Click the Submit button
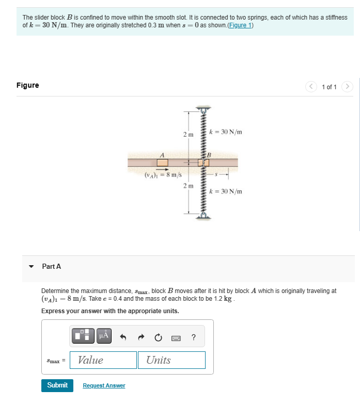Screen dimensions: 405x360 click(x=57, y=385)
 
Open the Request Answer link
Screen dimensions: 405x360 click(x=104, y=385)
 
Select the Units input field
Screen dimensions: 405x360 click(x=171, y=360)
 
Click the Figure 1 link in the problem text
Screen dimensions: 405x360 click(x=240, y=26)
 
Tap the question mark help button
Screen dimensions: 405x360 click(x=193, y=337)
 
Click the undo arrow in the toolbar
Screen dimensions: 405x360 click(x=123, y=337)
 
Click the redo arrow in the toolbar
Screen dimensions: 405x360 click(x=140, y=337)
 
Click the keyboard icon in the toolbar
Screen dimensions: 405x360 click(x=176, y=337)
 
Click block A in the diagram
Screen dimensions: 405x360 click(x=162, y=163)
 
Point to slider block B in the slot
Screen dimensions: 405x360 click(x=204, y=163)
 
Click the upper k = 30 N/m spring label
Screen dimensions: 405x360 click(x=228, y=132)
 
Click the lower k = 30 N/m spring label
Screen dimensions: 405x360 click(x=228, y=191)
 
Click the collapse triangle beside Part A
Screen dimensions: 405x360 click(x=32, y=267)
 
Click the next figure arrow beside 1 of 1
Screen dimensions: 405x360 click(x=348, y=87)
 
